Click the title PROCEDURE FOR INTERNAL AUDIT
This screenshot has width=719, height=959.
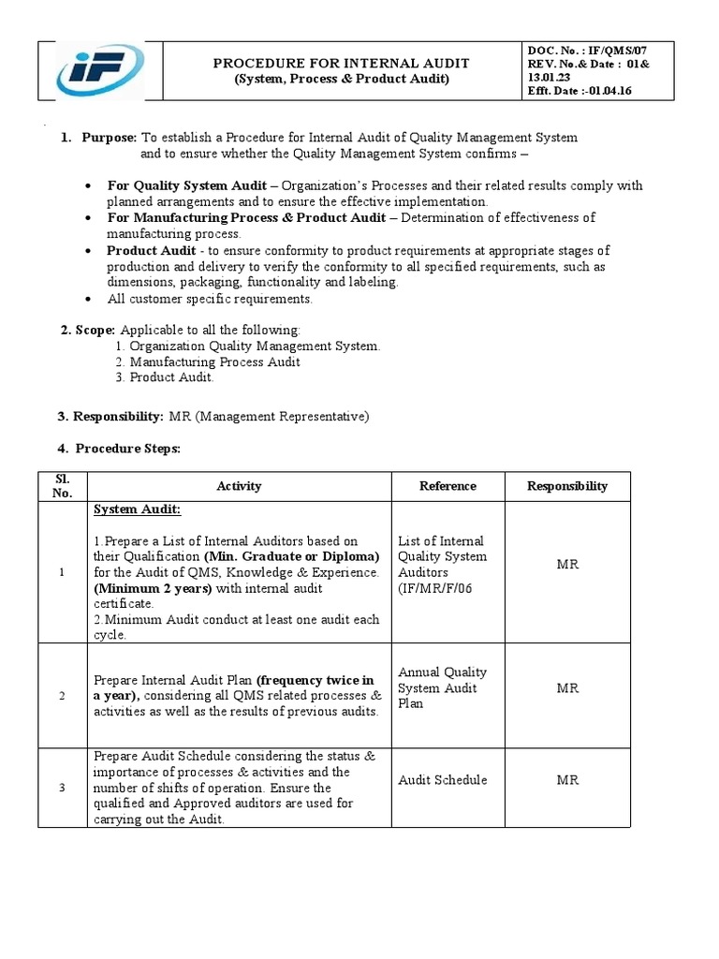341,63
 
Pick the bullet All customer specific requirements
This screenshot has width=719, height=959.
209,299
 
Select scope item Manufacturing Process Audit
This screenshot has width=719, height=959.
214,361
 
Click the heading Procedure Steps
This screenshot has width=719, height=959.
127,449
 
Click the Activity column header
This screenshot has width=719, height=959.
239,486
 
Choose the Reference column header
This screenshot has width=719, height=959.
448,486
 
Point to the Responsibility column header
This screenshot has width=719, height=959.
566,486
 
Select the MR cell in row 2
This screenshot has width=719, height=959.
567,688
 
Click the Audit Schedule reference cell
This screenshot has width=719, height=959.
442,780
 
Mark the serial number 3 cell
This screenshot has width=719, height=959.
62,788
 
